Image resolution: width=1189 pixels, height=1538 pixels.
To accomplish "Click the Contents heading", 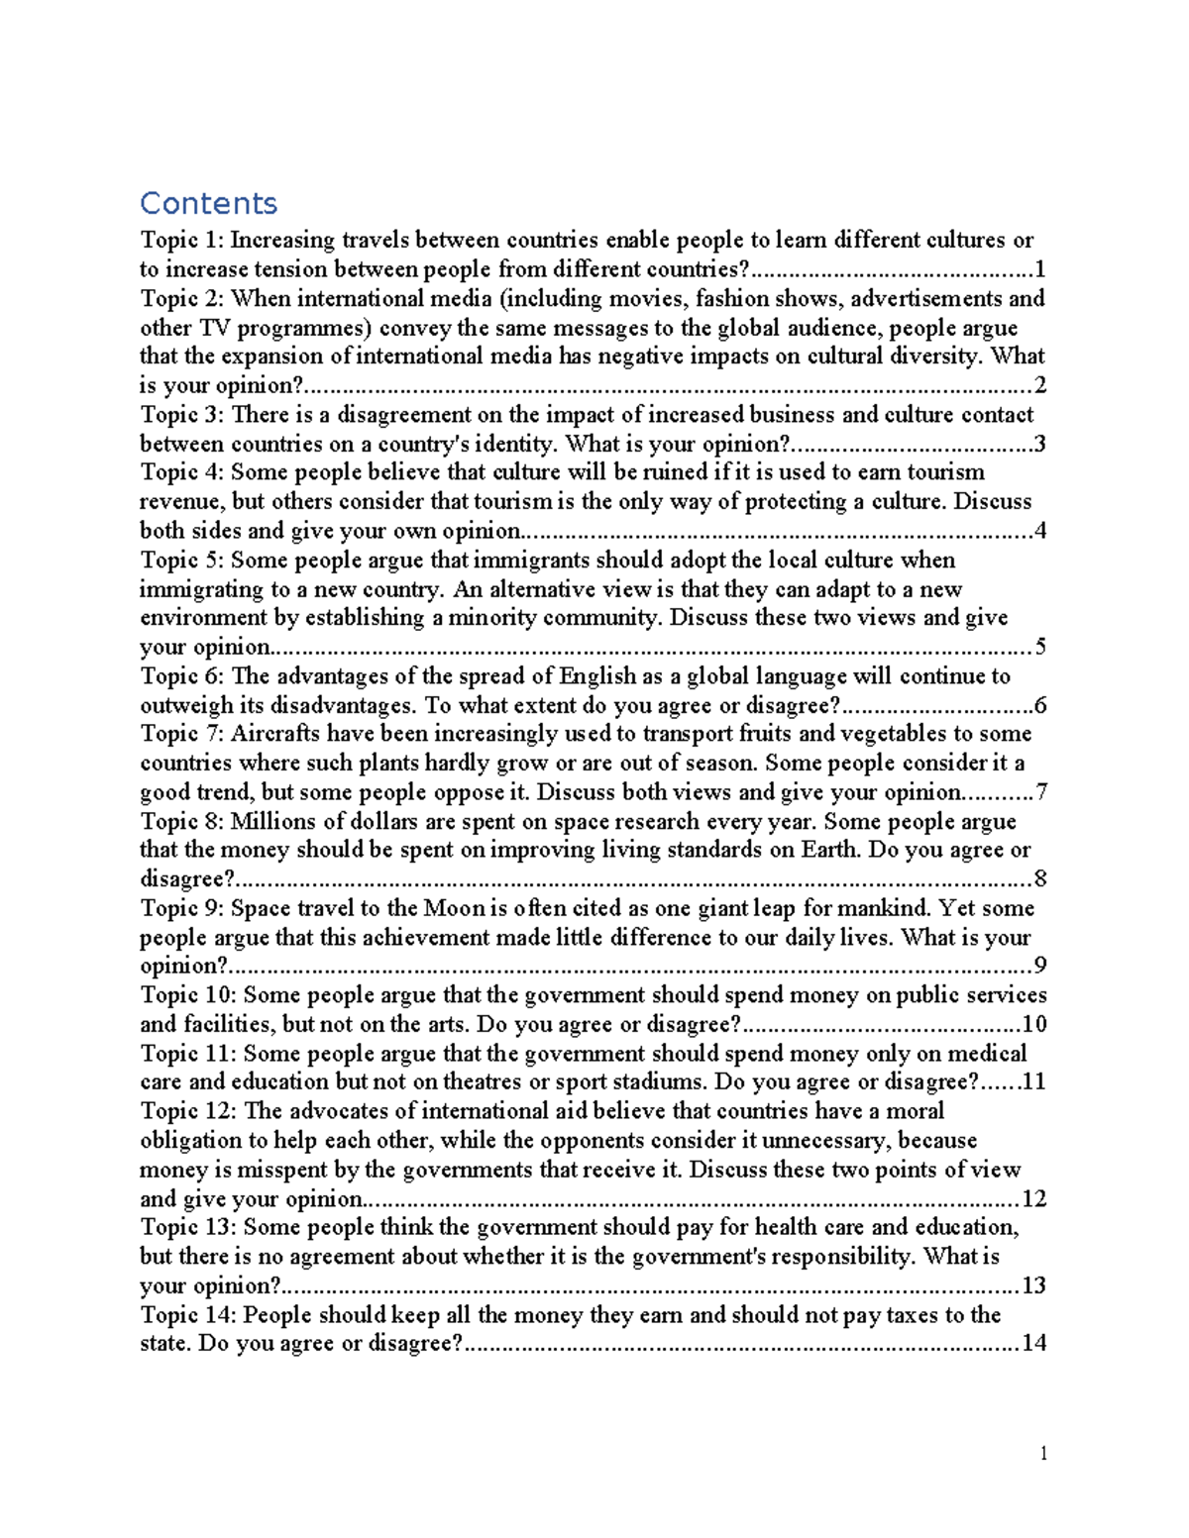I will pos(208,203).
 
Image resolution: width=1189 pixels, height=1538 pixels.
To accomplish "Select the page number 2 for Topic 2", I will pos(1039,386).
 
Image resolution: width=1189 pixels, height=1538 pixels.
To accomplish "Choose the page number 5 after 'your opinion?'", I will pos(1039,648).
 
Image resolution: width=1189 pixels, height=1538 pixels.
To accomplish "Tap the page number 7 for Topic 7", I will pos(1040,792).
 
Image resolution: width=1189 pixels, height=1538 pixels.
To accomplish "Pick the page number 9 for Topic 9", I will pos(1040,967).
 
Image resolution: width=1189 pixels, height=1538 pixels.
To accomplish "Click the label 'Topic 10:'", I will pos(188,995).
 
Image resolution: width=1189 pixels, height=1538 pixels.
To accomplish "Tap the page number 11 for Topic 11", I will pos(1033,1081).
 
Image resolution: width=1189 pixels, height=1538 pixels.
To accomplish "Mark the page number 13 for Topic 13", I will pos(1033,1286).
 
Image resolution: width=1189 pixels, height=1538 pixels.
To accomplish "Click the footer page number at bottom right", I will pos(1043,1454).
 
